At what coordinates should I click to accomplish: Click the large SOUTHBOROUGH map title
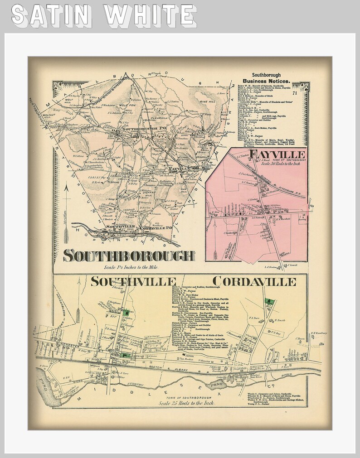[x=129, y=256]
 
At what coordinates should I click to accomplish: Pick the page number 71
[x=295, y=94]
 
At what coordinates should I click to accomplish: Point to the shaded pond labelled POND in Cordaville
[x=214, y=386]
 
